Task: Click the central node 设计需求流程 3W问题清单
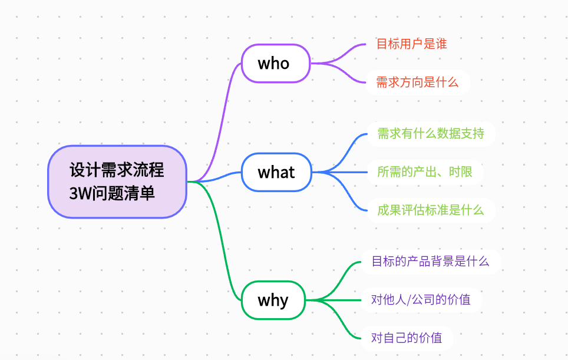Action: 117,181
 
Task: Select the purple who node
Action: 275,63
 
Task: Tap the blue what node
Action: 276,172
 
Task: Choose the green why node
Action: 273,300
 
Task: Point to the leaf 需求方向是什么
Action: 417,82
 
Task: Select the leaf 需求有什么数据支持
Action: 431,134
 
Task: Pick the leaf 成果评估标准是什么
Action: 431,210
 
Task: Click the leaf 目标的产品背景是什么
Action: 430,261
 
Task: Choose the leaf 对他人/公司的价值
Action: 421,299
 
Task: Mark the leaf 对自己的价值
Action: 407,338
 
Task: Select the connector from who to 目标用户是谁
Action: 342,53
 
